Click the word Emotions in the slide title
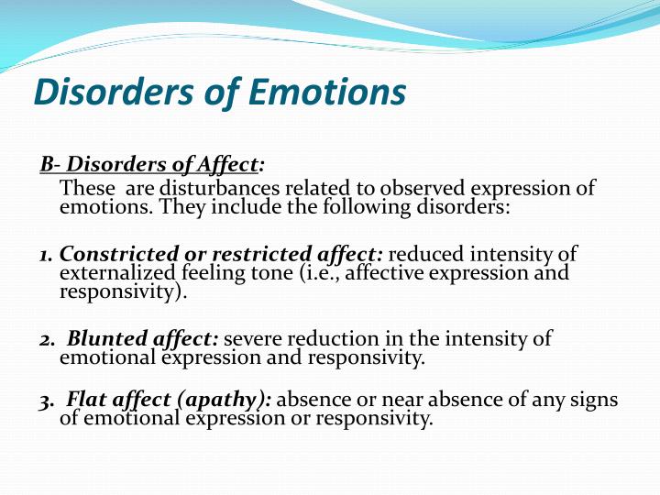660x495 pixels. pyautogui.click(x=327, y=93)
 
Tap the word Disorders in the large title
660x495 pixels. pyautogui.click(x=114, y=93)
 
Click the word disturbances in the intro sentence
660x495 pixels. pyautogui.click(x=219, y=188)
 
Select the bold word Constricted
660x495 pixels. pyautogui.click(x=119, y=254)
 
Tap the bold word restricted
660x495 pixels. pyautogui.click(x=261, y=254)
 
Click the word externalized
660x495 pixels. pyautogui.click(x=117, y=273)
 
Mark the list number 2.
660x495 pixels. pyautogui.click(x=47, y=340)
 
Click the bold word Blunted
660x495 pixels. pyautogui.click(x=107, y=338)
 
